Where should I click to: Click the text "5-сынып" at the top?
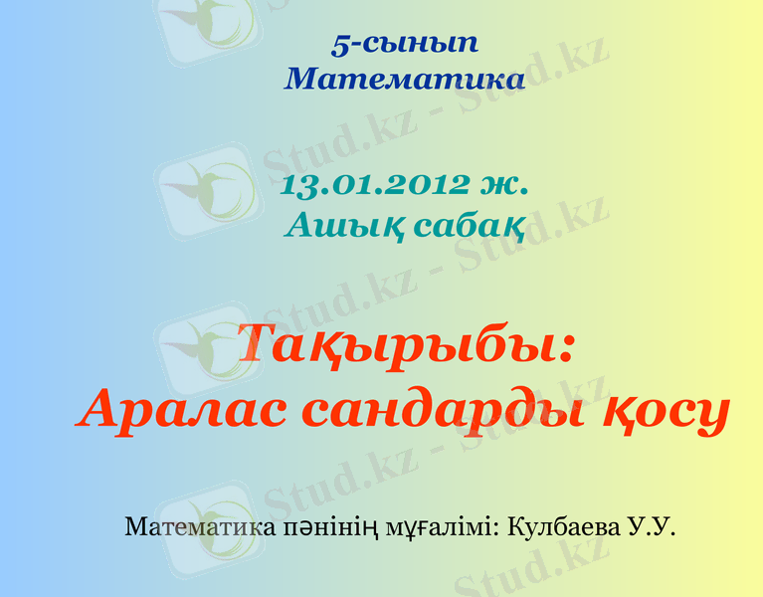(404, 44)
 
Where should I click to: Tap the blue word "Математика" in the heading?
(404, 79)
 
